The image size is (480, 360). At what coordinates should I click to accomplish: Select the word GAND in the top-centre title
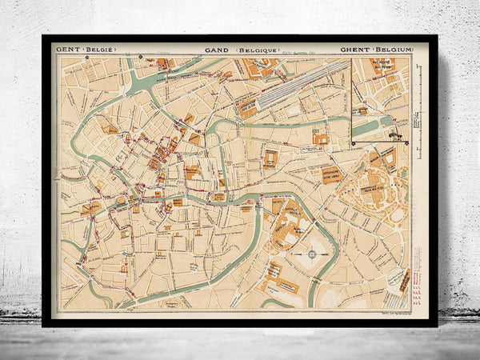coord(216,50)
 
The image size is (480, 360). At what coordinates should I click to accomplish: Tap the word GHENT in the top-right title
coord(354,50)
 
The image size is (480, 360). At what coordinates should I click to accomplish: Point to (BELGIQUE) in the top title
coord(257,50)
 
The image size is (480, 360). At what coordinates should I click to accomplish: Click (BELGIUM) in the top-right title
coord(393,50)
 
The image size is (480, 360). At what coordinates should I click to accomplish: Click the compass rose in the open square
coord(310,254)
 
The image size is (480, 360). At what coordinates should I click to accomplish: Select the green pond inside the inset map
coord(366,127)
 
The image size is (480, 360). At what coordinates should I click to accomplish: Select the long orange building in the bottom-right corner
coord(404,280)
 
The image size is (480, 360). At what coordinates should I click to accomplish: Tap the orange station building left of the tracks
coord(247,108)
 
